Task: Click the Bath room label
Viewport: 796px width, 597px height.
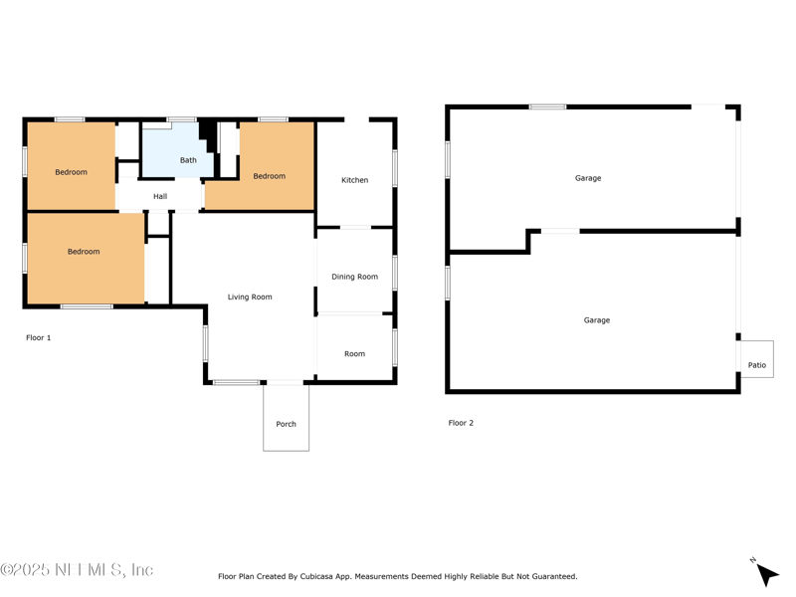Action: (188, 160)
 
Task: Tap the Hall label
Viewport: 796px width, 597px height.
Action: (160, 197)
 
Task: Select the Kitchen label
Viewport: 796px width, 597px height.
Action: (354, 180)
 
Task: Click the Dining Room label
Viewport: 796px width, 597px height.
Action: (354, 277)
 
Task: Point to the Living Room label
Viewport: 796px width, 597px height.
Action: (250, 298)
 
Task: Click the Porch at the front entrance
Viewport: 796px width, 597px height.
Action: (286, 424)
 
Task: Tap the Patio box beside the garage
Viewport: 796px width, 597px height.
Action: (757, 365)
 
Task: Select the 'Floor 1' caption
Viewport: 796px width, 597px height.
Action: (38, 338)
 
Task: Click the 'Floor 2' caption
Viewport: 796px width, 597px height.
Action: (461, 423)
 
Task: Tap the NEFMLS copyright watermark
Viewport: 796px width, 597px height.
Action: (77, 570)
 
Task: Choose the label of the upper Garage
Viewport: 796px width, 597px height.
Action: (588, 178)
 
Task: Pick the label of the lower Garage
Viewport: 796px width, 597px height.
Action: (597, 320)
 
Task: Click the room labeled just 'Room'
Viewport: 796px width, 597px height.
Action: (354, 353)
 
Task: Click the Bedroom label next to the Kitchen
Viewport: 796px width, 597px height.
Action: (269, 176)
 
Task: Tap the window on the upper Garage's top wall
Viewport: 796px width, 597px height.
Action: (547, 106)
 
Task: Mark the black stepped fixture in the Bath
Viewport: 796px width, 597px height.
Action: (208, 134)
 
